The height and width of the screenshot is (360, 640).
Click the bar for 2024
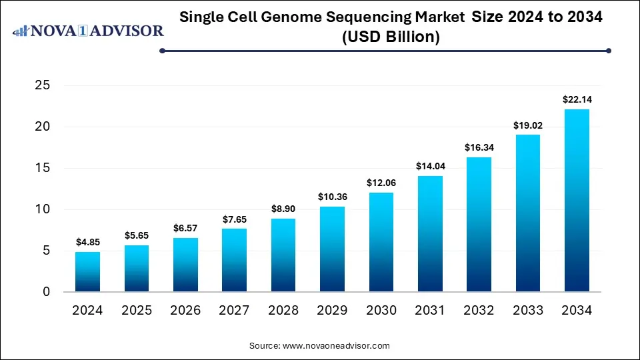pos(87,272)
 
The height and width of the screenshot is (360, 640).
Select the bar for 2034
pos(577,201)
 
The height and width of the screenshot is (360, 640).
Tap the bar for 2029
pos(332,249)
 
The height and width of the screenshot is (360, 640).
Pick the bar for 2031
pos(430,234)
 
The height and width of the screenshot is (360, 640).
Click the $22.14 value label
pos(577,99)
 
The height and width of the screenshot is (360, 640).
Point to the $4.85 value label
pos(87,242)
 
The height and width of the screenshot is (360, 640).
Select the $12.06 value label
pos(381,183)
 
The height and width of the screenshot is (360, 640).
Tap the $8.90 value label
pos(283,209)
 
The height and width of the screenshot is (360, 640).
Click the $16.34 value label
pos(479,147)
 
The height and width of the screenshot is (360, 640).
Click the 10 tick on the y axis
pos(43,209)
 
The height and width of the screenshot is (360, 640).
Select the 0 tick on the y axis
pos(47,292)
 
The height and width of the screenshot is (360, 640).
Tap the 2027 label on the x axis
pos(234,310)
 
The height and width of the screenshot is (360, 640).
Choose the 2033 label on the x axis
pos(528,310)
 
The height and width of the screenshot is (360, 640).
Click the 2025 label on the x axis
pos(136,310)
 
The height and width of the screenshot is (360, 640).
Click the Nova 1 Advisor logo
pos(89,31)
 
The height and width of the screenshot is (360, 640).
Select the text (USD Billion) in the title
pos(391,37)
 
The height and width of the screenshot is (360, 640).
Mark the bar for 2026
pos(185,265)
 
